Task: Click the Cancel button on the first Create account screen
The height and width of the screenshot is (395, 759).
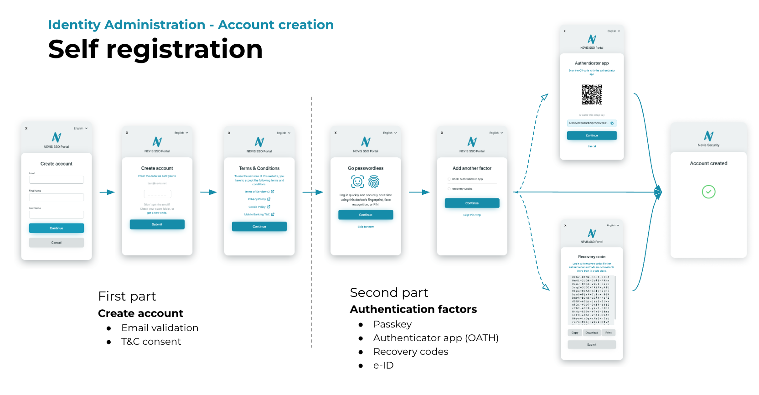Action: tap(56, 243)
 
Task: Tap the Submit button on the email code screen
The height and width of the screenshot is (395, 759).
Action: tap(157, 224)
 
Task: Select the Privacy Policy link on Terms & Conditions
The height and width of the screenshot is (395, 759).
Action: tap(259, 199)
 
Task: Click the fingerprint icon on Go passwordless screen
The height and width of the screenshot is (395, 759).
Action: tap(374, 182)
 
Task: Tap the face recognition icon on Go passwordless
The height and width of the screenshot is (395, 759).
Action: tap(357, 182)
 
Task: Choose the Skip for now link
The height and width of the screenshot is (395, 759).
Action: tap(366, 227)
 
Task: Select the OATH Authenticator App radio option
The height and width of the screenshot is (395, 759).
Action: tap(449, 179)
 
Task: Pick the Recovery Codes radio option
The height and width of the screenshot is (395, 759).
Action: tap(449, 189)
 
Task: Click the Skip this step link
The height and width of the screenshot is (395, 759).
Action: tap(472, 215)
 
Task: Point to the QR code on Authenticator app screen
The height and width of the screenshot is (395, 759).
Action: tap(592, 94)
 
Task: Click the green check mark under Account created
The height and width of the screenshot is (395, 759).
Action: tap(708, 192)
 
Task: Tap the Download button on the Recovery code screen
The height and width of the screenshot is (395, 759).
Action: tap(592, 333)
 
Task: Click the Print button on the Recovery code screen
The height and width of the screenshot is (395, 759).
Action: tap(609, 333)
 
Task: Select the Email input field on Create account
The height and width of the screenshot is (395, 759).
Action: tap(56, 180)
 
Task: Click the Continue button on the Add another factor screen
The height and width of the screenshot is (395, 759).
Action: tap(472, 203)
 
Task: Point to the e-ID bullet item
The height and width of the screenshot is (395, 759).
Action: tap(383, 365)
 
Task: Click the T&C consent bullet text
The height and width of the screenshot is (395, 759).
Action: tap(151, 342)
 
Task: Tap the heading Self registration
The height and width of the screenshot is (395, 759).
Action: tap(155, 49)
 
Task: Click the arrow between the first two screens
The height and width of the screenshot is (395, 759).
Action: tap(107, 192)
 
